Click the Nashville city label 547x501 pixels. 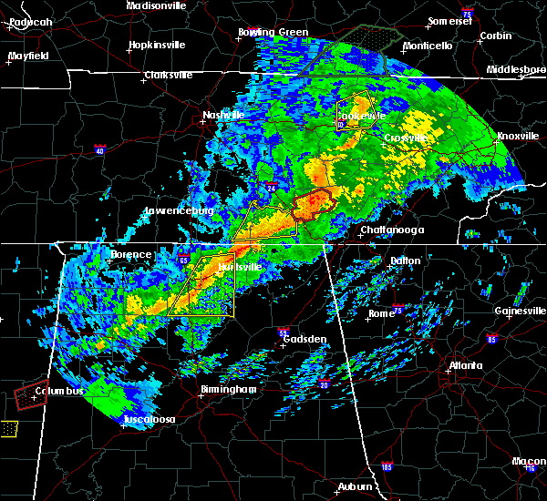coord(222,116)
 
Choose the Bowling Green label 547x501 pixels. coord(273,33)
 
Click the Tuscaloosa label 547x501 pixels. coord(152,421)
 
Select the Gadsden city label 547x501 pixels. coord(304,340)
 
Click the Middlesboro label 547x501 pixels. coord(516,69)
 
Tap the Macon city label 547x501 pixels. coord(523,462)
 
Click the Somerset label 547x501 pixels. coord(450,21)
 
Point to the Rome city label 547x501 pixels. coord(380,314)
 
